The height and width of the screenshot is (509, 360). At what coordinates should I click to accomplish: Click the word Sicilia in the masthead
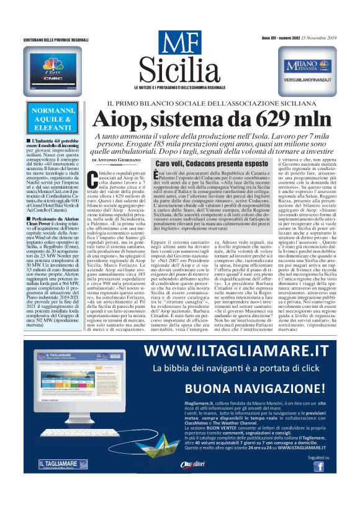[x=179, y=71]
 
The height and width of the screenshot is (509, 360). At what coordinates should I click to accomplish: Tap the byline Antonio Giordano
[x=114, y=160]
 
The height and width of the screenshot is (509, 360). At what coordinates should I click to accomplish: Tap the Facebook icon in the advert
[x=318, y=466]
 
